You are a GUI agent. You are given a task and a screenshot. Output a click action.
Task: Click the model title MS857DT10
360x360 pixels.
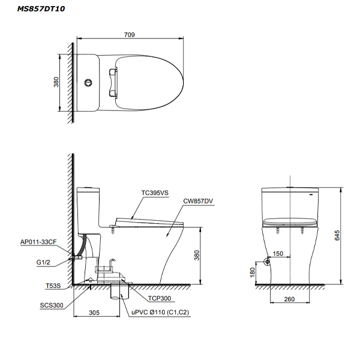pyautogui.click(x=41, y=9)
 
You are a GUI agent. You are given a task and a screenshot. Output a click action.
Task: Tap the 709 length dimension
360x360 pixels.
pyautogui.click(x=130, y=35)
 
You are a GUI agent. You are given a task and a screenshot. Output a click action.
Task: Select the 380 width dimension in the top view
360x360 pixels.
pyautogui.click(x=56, y=82)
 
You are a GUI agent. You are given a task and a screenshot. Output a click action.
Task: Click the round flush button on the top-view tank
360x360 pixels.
pyautogui.click(x=88, y=83)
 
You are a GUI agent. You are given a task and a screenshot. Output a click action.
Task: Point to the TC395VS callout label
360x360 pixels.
pyautogui.click(x=155, y=193)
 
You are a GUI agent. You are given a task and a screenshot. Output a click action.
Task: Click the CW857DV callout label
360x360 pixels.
pyautogui.click(x=198, y=201)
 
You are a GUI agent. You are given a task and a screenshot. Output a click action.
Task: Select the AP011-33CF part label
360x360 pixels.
pyautogui.click(x=38, y=242)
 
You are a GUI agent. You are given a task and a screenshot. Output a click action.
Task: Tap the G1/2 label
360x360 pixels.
pyautogui.click(x=43, y=262)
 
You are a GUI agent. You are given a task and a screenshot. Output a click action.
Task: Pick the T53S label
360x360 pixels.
pyautogui.click(x=53, y=286)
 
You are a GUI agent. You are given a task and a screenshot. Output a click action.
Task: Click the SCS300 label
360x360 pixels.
pyautogui.click(x=52, y=305)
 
